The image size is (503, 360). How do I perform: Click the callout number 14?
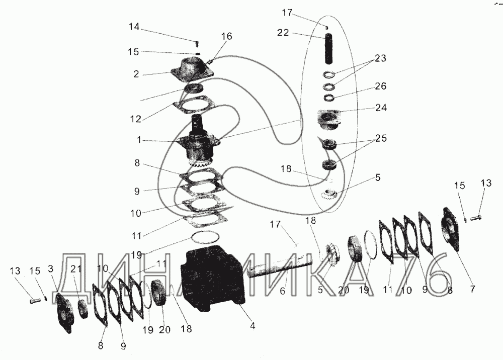coord(134,27)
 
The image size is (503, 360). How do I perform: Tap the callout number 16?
coord(226,36)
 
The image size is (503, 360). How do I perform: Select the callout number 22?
coord(283,33)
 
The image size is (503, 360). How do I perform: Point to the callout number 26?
coord(380,86)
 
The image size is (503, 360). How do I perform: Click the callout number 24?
coord(381,108)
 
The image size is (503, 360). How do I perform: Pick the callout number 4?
coord(253,326)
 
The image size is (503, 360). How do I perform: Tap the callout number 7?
coord(472,289)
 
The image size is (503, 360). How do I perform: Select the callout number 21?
coord(76,269)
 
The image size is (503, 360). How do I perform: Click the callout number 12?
coord(136,119)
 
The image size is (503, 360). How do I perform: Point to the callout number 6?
coord(282,291)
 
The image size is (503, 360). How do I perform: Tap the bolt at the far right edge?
coord(476,218)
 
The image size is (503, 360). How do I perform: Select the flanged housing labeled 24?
coord(329,120)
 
